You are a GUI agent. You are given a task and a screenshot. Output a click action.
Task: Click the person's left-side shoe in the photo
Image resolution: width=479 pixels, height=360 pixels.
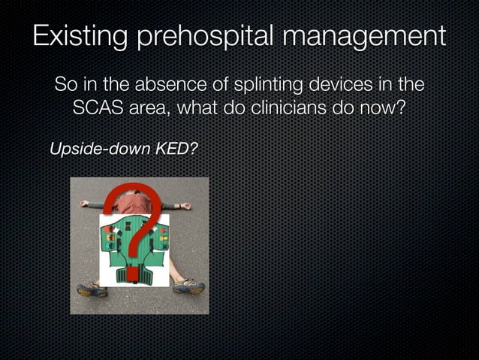[91, 289]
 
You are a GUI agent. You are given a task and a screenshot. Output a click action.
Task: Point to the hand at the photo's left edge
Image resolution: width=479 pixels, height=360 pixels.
[85, 203]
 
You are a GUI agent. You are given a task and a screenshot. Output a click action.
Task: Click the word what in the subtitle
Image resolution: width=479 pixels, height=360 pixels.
[202, 108]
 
